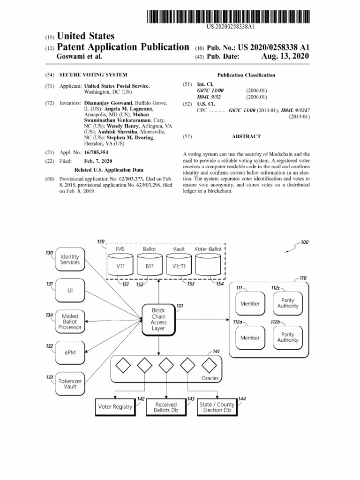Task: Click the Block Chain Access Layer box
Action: [158, 320]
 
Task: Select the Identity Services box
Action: [70, 259]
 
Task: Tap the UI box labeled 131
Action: [70, 291]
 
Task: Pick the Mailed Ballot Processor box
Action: [70, 322]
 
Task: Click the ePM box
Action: [70, 352]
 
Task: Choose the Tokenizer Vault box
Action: [70, 384]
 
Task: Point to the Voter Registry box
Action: [115, 407]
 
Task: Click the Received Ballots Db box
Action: [166, 407]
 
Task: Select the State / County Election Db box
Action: [217, 407]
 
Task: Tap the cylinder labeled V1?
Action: [120, 264]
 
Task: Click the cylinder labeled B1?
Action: [150, 264]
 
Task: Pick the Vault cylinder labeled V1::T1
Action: [179, 264]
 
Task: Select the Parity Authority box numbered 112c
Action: [288, 303]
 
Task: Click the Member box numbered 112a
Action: [250, 337]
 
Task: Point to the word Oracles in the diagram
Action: [210, 378]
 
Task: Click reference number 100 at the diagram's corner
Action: [305, 242]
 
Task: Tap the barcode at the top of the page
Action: [228, 16]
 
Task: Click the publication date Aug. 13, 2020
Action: [285, 56]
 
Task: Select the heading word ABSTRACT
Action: [246, 136]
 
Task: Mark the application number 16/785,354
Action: [96, 152]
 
